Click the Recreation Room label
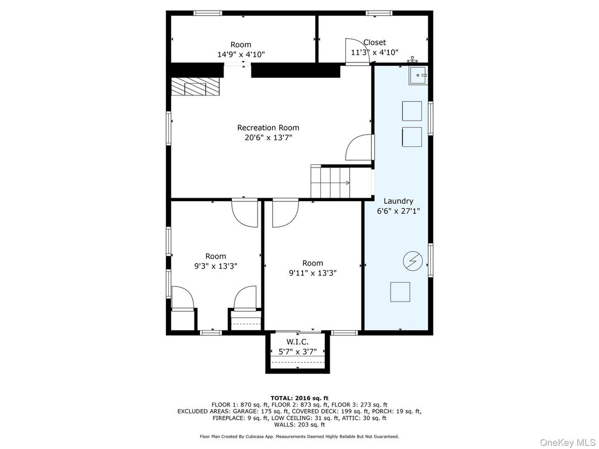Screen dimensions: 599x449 [268, 127]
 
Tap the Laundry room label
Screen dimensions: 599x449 [398, 201]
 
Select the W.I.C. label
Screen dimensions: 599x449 [298, 342]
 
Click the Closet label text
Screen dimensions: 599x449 [374, 42]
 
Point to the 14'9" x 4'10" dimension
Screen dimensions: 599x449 [241, 54]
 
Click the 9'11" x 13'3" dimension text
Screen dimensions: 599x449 [312, 273]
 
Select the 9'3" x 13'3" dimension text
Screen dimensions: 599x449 [216, 266]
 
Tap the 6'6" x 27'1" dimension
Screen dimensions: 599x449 [398, 211]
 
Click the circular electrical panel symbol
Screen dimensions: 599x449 [412, 261]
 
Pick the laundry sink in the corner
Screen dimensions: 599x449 [419, 75]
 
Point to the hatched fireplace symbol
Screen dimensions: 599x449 [195, 87]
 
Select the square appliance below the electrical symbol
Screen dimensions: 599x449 [400, 292]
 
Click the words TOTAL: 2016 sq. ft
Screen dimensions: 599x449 [299, 398]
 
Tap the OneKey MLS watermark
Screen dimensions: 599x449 [568, 442]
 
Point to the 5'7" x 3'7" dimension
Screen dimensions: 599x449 [298, 352]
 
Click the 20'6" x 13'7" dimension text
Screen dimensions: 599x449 [268, 137]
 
